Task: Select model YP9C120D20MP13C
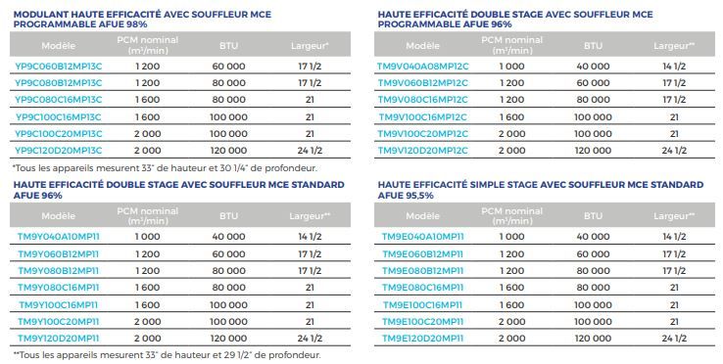pos(60,150)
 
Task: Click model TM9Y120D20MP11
pos(59,337)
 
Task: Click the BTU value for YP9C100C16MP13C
pos(228,116)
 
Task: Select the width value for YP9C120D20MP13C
pos(311,150)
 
